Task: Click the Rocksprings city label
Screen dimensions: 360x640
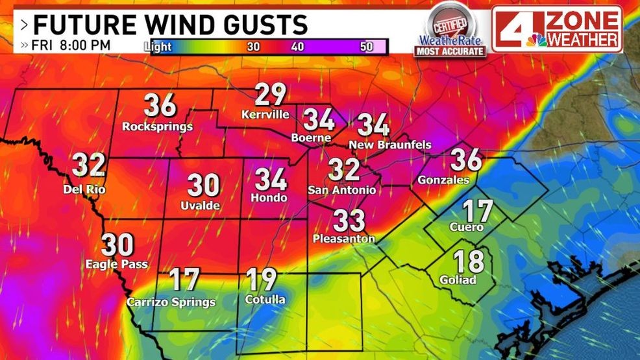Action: (x=158, y=126)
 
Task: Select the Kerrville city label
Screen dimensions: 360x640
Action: (x=265, y=115)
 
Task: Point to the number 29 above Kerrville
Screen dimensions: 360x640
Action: (x=270, y=95)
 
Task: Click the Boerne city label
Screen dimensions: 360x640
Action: (x=311, y=138)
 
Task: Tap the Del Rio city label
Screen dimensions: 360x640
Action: (x=84, y=189)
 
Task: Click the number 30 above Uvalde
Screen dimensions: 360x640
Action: (x=204, y=186)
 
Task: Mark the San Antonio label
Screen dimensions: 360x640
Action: (x=341, y=190)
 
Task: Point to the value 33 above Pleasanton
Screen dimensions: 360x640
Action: (x=349, y=221)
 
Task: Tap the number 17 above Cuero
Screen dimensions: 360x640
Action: (x=477, y=211)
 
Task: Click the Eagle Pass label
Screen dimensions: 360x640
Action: (x=117, y=264)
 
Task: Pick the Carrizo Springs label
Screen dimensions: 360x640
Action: (x=171, y=302)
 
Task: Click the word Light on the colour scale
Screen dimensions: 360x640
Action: (x=158, y=46)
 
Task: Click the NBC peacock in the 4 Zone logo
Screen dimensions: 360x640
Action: (x=537, y=40)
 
